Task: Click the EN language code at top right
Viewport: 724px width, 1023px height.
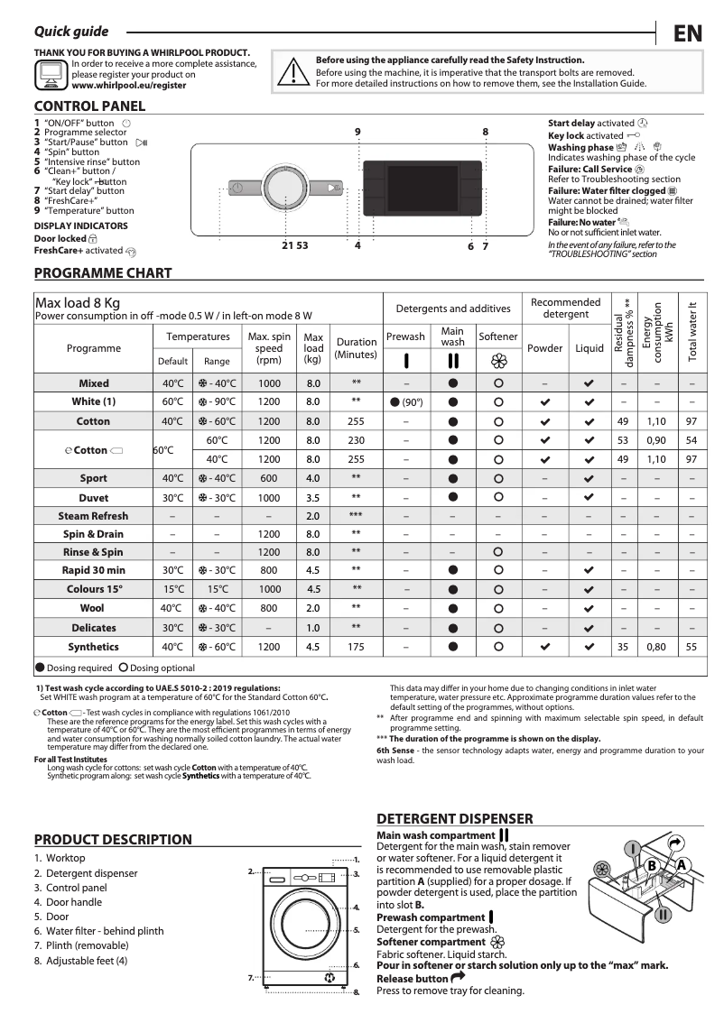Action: tap(688, 33)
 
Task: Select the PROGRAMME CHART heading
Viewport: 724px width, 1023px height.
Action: tap(102, 272)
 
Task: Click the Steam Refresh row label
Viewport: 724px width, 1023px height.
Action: tap(93, 516)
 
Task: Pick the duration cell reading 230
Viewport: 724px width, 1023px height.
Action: tap(356, 440)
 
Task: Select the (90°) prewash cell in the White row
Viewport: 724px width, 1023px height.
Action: tap(406, 401)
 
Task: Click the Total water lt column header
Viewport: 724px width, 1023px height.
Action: tap(692, 331)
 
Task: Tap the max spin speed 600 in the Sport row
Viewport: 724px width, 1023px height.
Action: tap(268, 478)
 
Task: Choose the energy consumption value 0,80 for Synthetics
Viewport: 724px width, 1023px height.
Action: tap(656, 647)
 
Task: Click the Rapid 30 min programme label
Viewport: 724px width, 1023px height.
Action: tap(93, 570)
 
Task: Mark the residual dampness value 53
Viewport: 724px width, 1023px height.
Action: tap(622, 440)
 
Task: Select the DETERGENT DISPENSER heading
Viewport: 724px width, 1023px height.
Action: tap(454, 818)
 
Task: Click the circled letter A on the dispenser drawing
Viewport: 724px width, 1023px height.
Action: tap(682, 864)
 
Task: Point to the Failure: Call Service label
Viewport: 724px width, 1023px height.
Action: tap(590, 169)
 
